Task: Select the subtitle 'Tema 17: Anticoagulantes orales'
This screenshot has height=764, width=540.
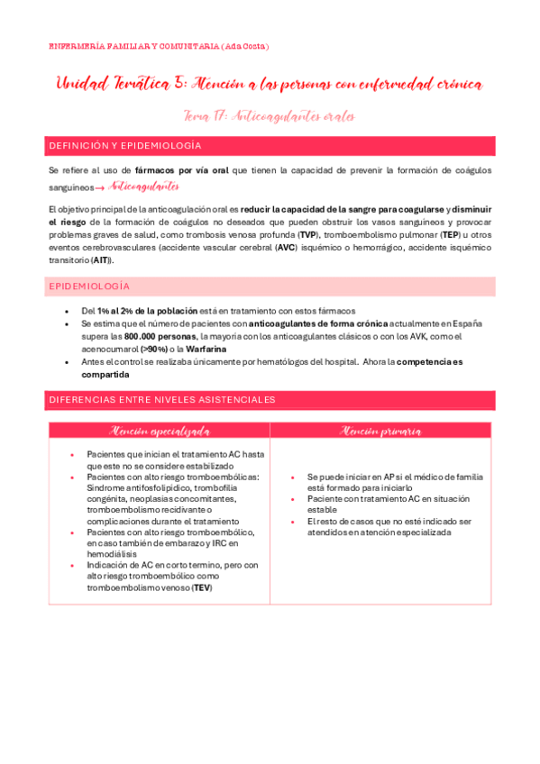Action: point(269,115)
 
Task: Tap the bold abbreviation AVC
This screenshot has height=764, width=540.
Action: point(287,247)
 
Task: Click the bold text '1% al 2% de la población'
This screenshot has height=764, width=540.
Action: point(149,310)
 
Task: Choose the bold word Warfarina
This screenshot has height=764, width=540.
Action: point(206,349)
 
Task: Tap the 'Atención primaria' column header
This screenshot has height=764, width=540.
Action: point(381,432)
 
